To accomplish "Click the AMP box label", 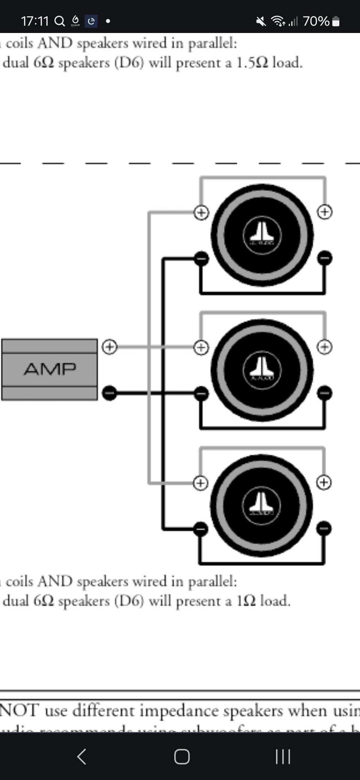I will pyautogui.click(x=50, y=369).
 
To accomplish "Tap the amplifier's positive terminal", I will pyautogui.click(x=109, y=346).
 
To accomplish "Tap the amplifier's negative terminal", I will pyautogui.click(x=109, y=393).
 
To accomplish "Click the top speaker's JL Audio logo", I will pyautogui.click(x=262, y=235).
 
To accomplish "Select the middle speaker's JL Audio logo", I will pyautogui.click(x=262, y=370).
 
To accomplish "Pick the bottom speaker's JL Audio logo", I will pyautogui.click(x=261, y=505).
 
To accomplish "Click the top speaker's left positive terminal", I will pyautogui.click(x=201, y=213).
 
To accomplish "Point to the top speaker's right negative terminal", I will pyautogui.click(x=325, y=258).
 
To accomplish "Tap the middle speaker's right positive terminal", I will pyautogui.click(x=324, y=347).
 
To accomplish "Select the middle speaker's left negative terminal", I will pyautogui.click(x=201, y=393).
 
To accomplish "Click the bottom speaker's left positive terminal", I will pyautogui.click(x=201, y=483).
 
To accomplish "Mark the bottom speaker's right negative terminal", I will pyautogui.click(x=324, y=528).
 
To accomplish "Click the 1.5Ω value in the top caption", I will pyautogui.click(x=252, y=63).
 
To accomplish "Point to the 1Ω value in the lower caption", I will pyautogui.click(x=246, y=601).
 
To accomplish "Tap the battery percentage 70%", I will pyautogui.click(x=316, y=21).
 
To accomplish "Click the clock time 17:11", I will pyautogui.click(x=35, y=21).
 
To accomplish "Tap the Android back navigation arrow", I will pyautogui.click(x=81, y=756).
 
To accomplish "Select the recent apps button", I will pyautogui.click(x=283, y=756).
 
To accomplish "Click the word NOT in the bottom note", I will pyautogui.click(x=19, y=710).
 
